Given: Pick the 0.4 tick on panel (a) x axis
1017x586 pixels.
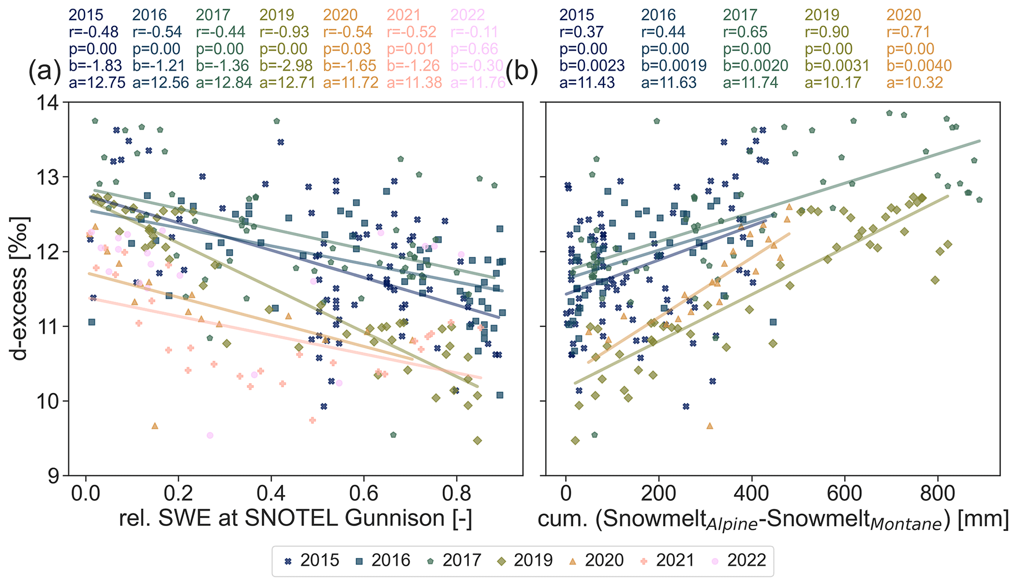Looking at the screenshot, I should [271, 492].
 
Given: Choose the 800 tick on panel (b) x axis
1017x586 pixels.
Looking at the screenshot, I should [938, 492].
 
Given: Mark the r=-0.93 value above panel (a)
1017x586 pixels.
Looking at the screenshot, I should [283, 32].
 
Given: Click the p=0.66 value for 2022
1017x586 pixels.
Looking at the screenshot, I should [475, 49].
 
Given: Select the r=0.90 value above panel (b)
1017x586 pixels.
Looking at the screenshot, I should [828, 32].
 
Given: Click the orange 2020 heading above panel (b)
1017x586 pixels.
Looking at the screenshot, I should [904, 15].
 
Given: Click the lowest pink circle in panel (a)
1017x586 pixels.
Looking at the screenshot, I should [210, 435].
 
